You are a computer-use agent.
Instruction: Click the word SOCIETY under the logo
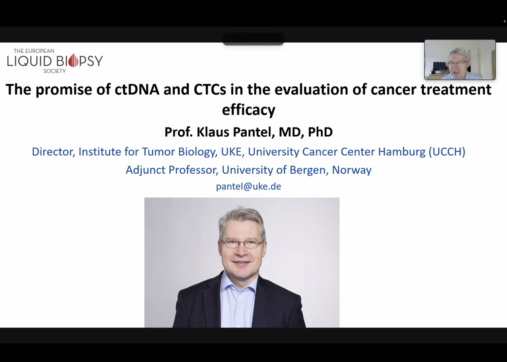point(55,71)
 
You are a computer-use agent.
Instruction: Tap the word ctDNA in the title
point(137,89)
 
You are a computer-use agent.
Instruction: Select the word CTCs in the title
point(210,89)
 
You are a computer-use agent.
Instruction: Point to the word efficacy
point(249,110)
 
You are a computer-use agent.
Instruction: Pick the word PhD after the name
point(320,132)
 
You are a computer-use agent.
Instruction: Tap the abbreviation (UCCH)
point(447,152)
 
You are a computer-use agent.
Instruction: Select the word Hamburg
point(402,152)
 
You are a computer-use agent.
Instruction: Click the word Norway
point(352,170)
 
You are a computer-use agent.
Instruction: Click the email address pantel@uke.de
point(249,187)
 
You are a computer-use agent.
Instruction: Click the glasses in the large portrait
point(243,244)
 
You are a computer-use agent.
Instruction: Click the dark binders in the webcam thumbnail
point(439,66)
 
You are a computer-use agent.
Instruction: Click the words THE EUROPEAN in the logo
point(34,51)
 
